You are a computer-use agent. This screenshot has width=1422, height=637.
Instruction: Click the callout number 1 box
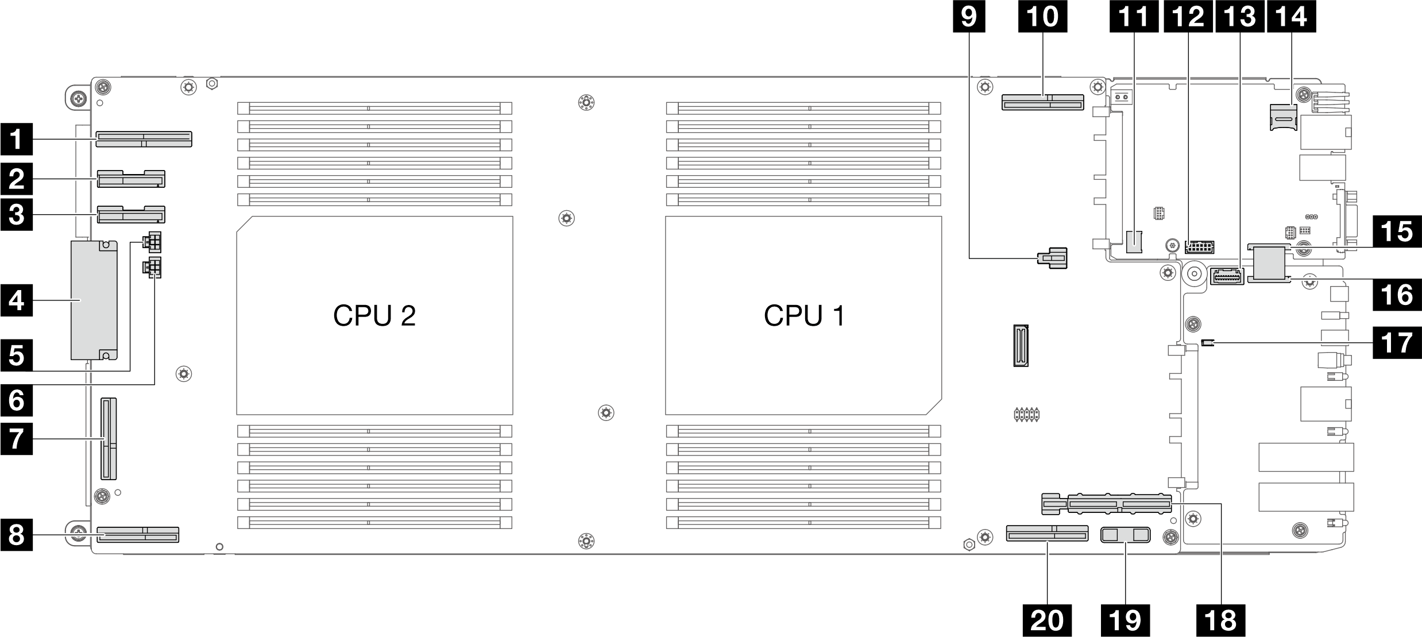click(16, 140)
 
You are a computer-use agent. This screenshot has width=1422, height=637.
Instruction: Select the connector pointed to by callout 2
click(132, 179)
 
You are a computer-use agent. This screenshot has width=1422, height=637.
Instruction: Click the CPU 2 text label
click(374, 315)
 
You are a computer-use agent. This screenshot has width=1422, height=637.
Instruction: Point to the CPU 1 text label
click(804, 315)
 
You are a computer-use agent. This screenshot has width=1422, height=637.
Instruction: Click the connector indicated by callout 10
click(1042, 102)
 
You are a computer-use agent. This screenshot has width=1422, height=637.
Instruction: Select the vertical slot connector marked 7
click(109, 439)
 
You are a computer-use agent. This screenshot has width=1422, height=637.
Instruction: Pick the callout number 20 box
click(1047, 620)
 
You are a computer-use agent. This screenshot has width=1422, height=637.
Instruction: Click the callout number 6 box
click(16, 400)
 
